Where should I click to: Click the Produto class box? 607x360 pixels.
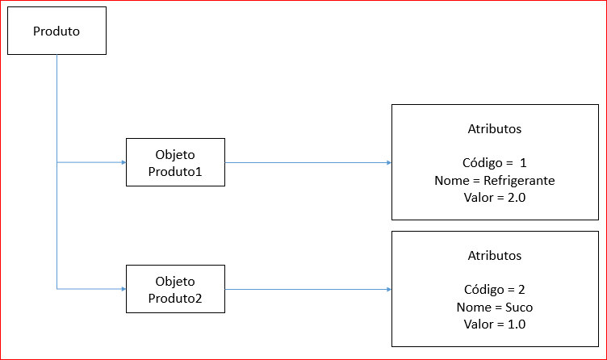click(x=57, y=31)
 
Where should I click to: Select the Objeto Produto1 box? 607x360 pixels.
click(x=175, y=162)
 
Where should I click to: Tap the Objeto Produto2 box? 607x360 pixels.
click(x=175, y=289)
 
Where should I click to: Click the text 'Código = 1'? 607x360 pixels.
click(x=494, y=162)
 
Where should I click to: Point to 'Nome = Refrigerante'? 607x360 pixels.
click(x=494, y=180)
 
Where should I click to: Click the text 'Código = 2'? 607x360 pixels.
click(x=494, y=289)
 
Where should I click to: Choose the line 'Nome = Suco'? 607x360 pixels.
click(x=494, y=307)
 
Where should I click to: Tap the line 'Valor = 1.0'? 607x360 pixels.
click(x=494, y=324)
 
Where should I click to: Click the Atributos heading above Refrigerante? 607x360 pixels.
click(x=494, y=128)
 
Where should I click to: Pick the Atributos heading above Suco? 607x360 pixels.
click(x=494, y=255)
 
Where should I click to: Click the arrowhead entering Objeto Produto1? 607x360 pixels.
click(x=123, y=162)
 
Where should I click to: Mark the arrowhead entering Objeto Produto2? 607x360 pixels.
click(x=123, y=288)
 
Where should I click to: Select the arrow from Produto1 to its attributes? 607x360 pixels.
click(x=307, y=162)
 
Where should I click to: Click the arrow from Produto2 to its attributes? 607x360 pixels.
click(x=307, y=289)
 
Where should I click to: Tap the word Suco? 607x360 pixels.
click(x=520, y=307)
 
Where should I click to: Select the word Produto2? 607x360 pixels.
click(x=175, y=298)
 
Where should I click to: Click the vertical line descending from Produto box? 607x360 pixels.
click(x=57, y=105)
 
